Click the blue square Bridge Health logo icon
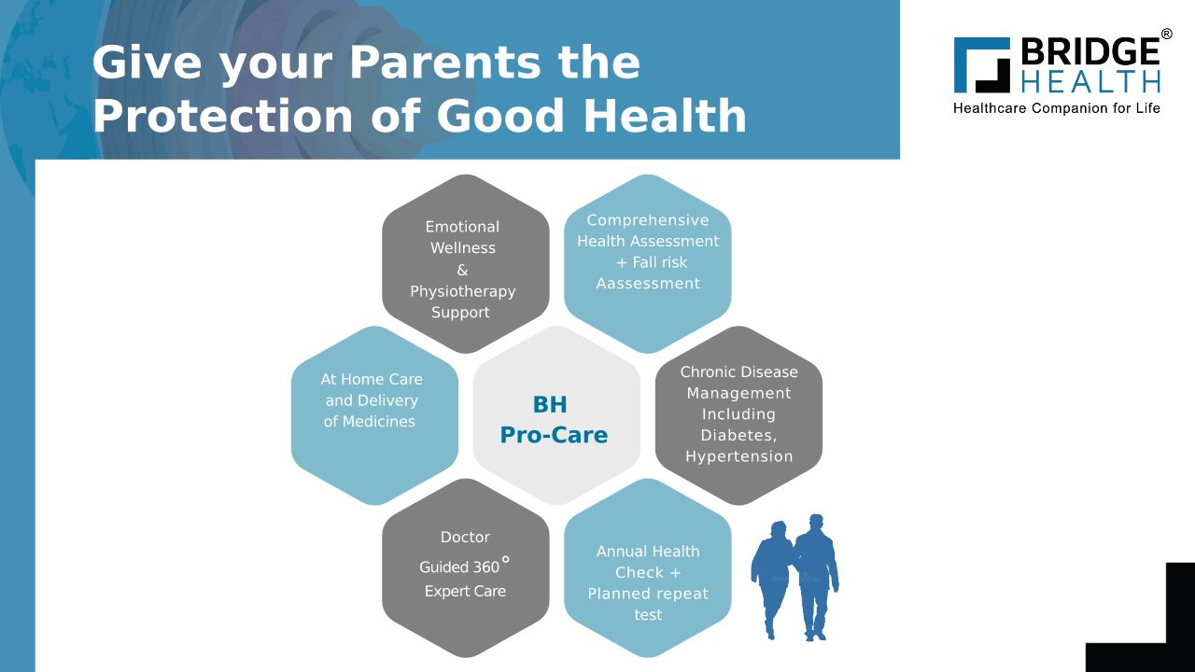981,65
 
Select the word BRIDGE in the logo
1090,52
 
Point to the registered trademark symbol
1167,35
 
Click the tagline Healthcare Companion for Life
1056,108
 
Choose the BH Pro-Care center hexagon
556,415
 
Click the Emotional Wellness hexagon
466,263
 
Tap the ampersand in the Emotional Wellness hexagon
462,270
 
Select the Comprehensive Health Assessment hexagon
648,263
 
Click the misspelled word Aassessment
648,283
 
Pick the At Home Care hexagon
374,415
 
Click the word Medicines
378,421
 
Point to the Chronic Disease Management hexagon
738,415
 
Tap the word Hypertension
738,456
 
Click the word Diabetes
738,435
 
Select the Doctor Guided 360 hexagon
466,568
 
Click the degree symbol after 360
506,559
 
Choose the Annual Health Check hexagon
648,568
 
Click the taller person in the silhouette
816,577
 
